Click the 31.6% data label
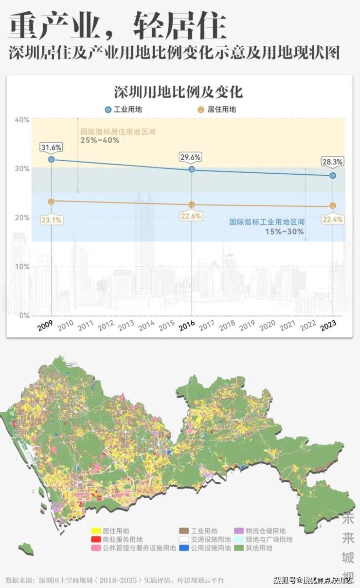pyautogui.click(x=51, y=147)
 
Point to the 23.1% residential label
pyautogui.click(x=51, y=220)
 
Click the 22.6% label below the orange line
pyautogui.click(x=192, y=216)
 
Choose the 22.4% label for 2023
pyautogui.click(x=332, y=220)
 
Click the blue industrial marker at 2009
pyautogui.click(x=51, y=159)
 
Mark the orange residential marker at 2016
pyautogui.click(x=192, y=204)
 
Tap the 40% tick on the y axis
pyautogui.click(x=22, y=120)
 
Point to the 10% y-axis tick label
pyautogui.click(x=22, y=266)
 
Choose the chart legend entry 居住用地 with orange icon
pyautogui.click(x=217, y=110)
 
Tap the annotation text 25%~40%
pyautogui.click(x=100, y=140)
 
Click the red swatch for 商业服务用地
pyautogui.click(x=95, y=539)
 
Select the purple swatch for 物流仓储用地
pyautogui.click(x=238, y=531)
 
